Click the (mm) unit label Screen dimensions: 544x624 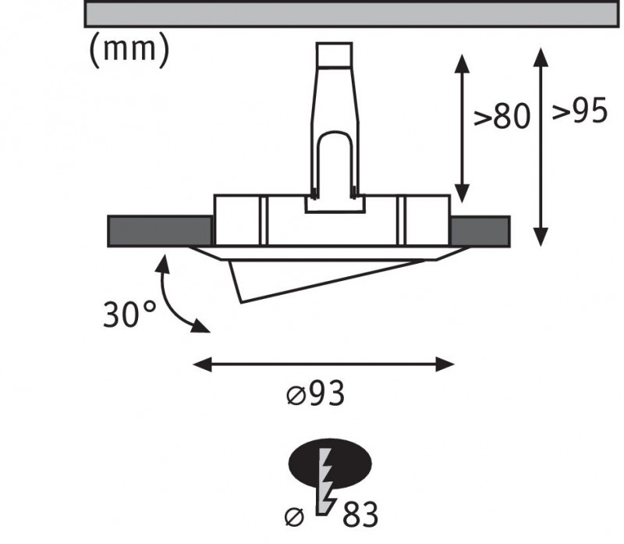(128, 49)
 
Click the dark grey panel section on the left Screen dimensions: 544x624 (160, 231)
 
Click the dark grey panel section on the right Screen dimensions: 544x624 (480, 231)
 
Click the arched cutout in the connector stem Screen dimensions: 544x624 (334, 160)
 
